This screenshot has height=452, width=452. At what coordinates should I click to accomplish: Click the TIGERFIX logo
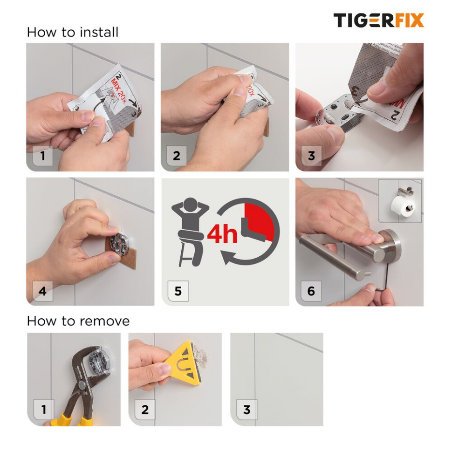click(x=378, y=21)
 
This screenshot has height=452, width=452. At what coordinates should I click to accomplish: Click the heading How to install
click(x=73, y=32)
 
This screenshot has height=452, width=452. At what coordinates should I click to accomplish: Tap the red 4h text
click(x=222, y=234)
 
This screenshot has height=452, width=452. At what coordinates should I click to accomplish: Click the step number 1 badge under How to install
click(x=43, y=156)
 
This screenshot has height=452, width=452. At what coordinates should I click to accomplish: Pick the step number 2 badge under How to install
click(x=177, y=156)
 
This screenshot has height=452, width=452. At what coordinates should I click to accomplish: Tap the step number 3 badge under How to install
click(x=311, y=156)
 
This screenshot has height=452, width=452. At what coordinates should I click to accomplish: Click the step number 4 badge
click(x=43, y=291)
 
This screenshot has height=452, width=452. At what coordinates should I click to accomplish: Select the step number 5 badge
click(x=178, y=292)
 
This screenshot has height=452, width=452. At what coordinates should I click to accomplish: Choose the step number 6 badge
click(x=311, y=292)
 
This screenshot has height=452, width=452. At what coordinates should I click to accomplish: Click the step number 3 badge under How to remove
click(x=247, y=410)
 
